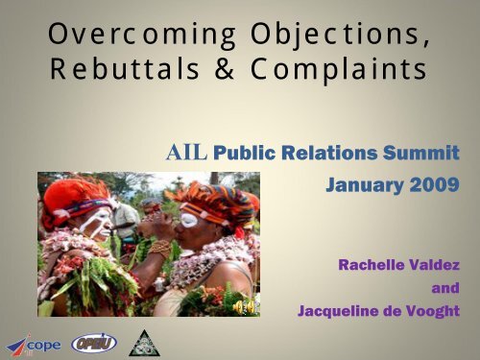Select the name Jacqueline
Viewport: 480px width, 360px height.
click(x=339, y=309)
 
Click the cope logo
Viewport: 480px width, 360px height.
click(x=31, y=342)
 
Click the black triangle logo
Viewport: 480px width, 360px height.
click(x=145, y=341)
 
